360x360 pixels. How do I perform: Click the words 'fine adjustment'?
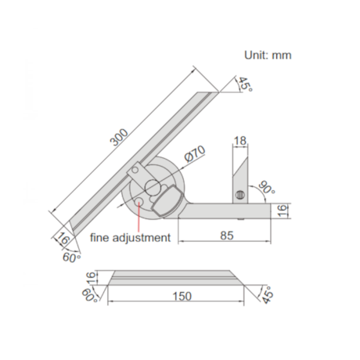pos(128,236)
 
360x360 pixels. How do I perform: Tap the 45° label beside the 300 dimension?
pos(245,85)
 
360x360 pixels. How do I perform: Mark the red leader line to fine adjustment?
pos(139,217)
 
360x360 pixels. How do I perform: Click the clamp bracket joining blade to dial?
pos(135,172)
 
